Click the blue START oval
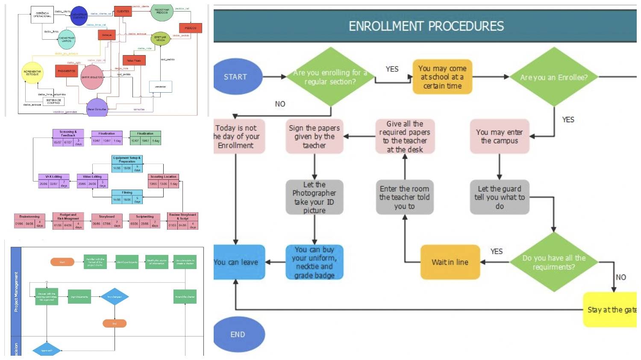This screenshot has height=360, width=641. [236, 77]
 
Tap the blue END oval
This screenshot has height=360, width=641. [238, 334]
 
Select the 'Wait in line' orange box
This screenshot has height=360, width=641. [450, 262]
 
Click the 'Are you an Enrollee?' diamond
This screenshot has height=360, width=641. [553, 77]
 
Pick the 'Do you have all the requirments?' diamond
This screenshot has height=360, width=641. [553, 262]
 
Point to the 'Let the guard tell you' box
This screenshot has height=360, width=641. [500, 197]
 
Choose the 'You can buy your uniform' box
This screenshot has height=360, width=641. [315, 262]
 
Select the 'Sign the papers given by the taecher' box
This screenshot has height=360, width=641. [315, 137]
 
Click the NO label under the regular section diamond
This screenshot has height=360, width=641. [280, 104]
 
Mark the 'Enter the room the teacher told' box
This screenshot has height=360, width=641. [405, 197]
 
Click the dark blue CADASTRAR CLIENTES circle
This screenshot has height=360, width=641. [79, 16]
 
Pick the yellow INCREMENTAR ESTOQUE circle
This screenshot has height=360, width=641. [32, 73]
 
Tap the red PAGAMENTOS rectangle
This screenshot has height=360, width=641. [66, 71]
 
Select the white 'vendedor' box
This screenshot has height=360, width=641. [160, 87]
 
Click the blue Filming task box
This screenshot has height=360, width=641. [127, 196]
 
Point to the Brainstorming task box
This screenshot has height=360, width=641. [29, 221]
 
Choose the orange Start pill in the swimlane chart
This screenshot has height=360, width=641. [62, 262]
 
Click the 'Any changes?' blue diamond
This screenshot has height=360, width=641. [115, 296]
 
